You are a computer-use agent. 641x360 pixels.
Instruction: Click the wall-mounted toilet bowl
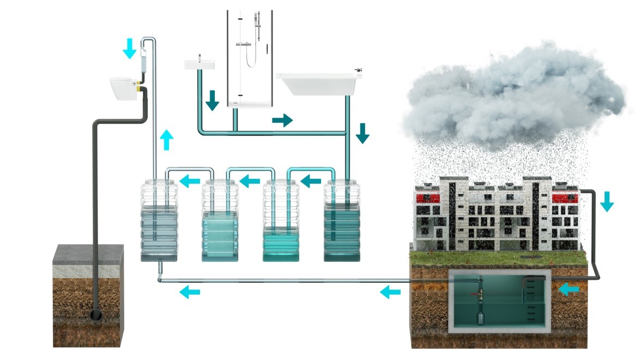122,88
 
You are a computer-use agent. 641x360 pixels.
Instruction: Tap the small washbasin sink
199,64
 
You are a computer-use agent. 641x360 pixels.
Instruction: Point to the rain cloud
512,93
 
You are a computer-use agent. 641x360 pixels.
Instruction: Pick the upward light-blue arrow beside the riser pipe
167,140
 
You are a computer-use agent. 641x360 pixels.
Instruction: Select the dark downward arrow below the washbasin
212,100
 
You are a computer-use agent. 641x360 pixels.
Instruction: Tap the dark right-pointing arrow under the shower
282,120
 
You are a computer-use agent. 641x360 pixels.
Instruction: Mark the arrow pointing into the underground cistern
570,289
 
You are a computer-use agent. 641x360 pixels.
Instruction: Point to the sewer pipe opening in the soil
96,315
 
